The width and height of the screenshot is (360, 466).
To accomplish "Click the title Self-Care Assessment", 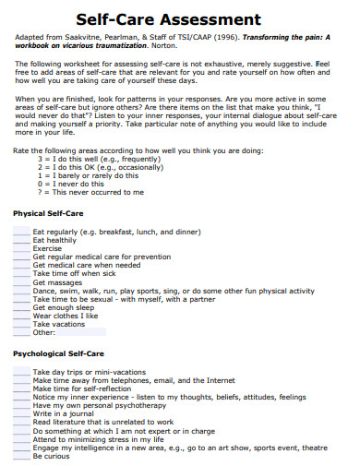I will (x=180, y=18).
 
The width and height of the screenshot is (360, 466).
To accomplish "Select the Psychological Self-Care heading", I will (x=58, y=353).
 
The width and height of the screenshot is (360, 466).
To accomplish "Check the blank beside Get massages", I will (x=21, y=282).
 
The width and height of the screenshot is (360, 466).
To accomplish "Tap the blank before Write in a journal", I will (x=21, y=413).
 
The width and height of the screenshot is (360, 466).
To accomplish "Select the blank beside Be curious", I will (x=21, y=456).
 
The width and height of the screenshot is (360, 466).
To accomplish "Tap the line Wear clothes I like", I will (x=66, y=316).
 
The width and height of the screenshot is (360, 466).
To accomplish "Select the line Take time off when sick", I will (x=75, y=273).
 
